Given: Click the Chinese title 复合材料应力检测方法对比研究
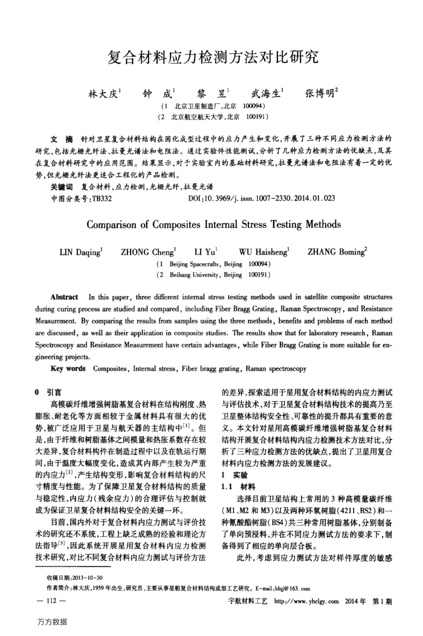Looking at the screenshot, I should point(211,58).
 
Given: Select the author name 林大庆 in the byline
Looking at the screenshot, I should point(103,94).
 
